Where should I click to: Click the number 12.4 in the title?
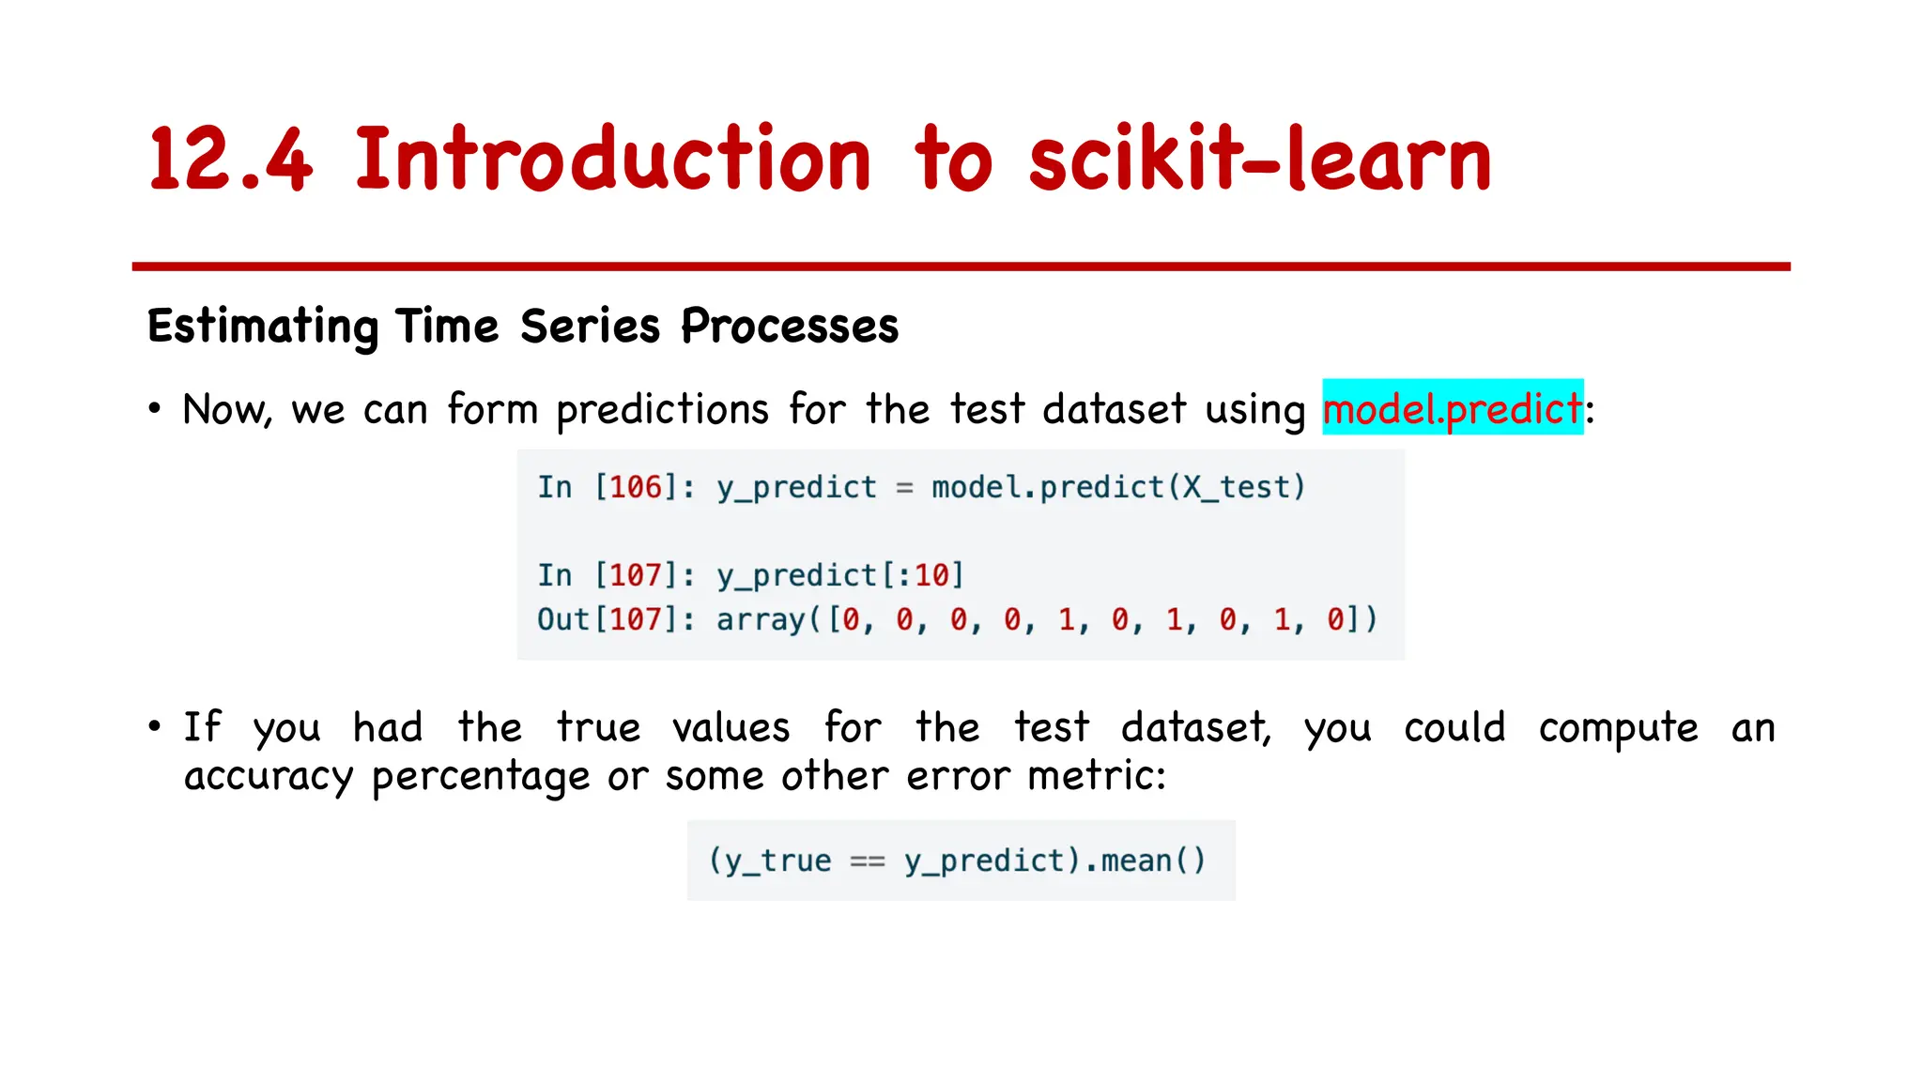coord(230,160)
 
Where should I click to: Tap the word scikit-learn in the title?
coord(1259,160)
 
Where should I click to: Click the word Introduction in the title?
coord(613,160)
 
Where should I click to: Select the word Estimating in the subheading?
coord(262,327)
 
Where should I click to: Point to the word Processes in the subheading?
coord(789,327)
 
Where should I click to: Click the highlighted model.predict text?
coord(1452,408)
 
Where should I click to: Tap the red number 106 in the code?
coord(636,487)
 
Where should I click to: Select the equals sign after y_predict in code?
coord(904,488)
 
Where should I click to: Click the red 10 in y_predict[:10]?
coord(932,574)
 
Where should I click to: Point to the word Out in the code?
coord(562,619)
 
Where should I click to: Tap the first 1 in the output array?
coord(1067,619)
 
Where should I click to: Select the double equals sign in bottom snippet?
coord(867,861)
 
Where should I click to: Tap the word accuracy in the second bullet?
coord(269,777)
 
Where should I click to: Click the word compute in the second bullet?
coord(1618,728)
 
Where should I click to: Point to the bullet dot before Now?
coord(154,409)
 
